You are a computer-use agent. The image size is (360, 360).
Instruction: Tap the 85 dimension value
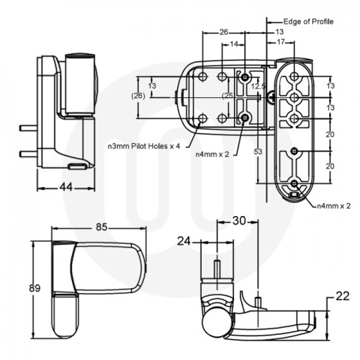click(101, 228)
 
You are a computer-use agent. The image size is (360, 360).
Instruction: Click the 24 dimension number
click(184, 242)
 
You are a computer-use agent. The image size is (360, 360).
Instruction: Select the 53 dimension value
click(257, 151)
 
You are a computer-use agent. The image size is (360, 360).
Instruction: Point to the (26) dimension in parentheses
click(138, 94)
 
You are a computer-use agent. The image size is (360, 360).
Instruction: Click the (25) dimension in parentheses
click(228, 95)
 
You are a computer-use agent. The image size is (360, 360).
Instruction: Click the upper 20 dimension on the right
click(330, 134)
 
